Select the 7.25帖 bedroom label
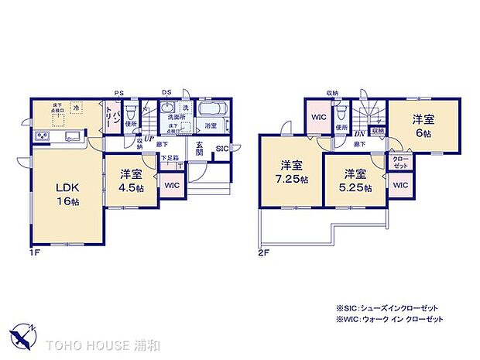(291, 172)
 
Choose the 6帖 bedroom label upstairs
(422, 125)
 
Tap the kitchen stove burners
(42, 138)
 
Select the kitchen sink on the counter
(73, 138)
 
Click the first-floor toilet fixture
(130, 111)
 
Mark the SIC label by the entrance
(221, 149)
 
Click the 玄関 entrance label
(200, 149)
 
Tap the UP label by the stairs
(148, 139)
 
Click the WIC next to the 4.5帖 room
(171, 185)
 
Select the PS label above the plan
(118, 93)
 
